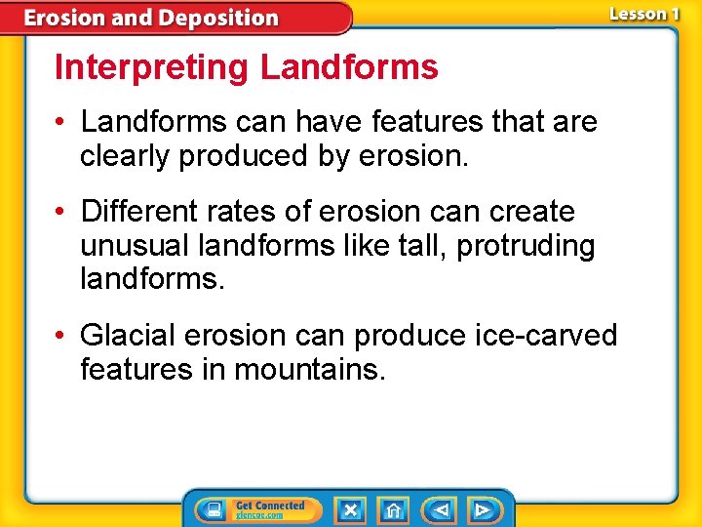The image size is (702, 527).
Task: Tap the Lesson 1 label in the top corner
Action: click(644, 14)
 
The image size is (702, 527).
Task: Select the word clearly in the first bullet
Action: click(125, 157)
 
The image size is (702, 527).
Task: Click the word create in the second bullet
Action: click(533, 212)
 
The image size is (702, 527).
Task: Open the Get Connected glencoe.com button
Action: click(257, 509)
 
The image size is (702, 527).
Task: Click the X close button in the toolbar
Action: click(350, 509)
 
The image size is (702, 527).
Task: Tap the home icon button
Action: click(394, 509)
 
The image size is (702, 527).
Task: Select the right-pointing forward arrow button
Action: click(483, 509)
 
